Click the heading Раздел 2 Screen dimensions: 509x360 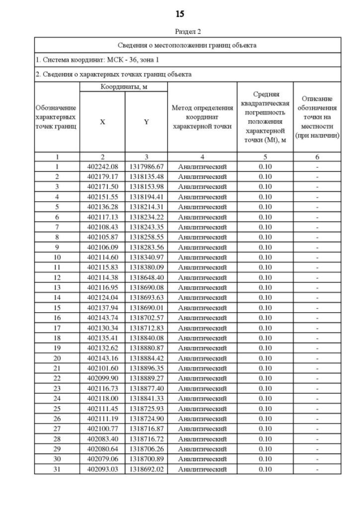[x=180, y=31]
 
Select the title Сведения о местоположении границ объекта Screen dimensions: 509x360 [x=188, y=45]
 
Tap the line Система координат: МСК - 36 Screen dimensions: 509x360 [x=90, y=59]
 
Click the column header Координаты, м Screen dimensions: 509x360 [x=123, y=87]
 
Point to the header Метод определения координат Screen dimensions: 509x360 [x=202, y=117]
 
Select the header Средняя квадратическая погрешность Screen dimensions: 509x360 [x=265, y=117]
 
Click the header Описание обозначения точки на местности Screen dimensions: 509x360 [x=318, y=117]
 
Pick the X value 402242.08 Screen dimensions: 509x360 [x=102, y=167]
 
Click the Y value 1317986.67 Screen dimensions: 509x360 [x=146, y=167]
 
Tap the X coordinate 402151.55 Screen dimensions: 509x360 [x=102, y=196]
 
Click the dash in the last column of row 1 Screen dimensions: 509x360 [x=318, y=167]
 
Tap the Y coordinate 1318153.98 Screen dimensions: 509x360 [x=146, y=187]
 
